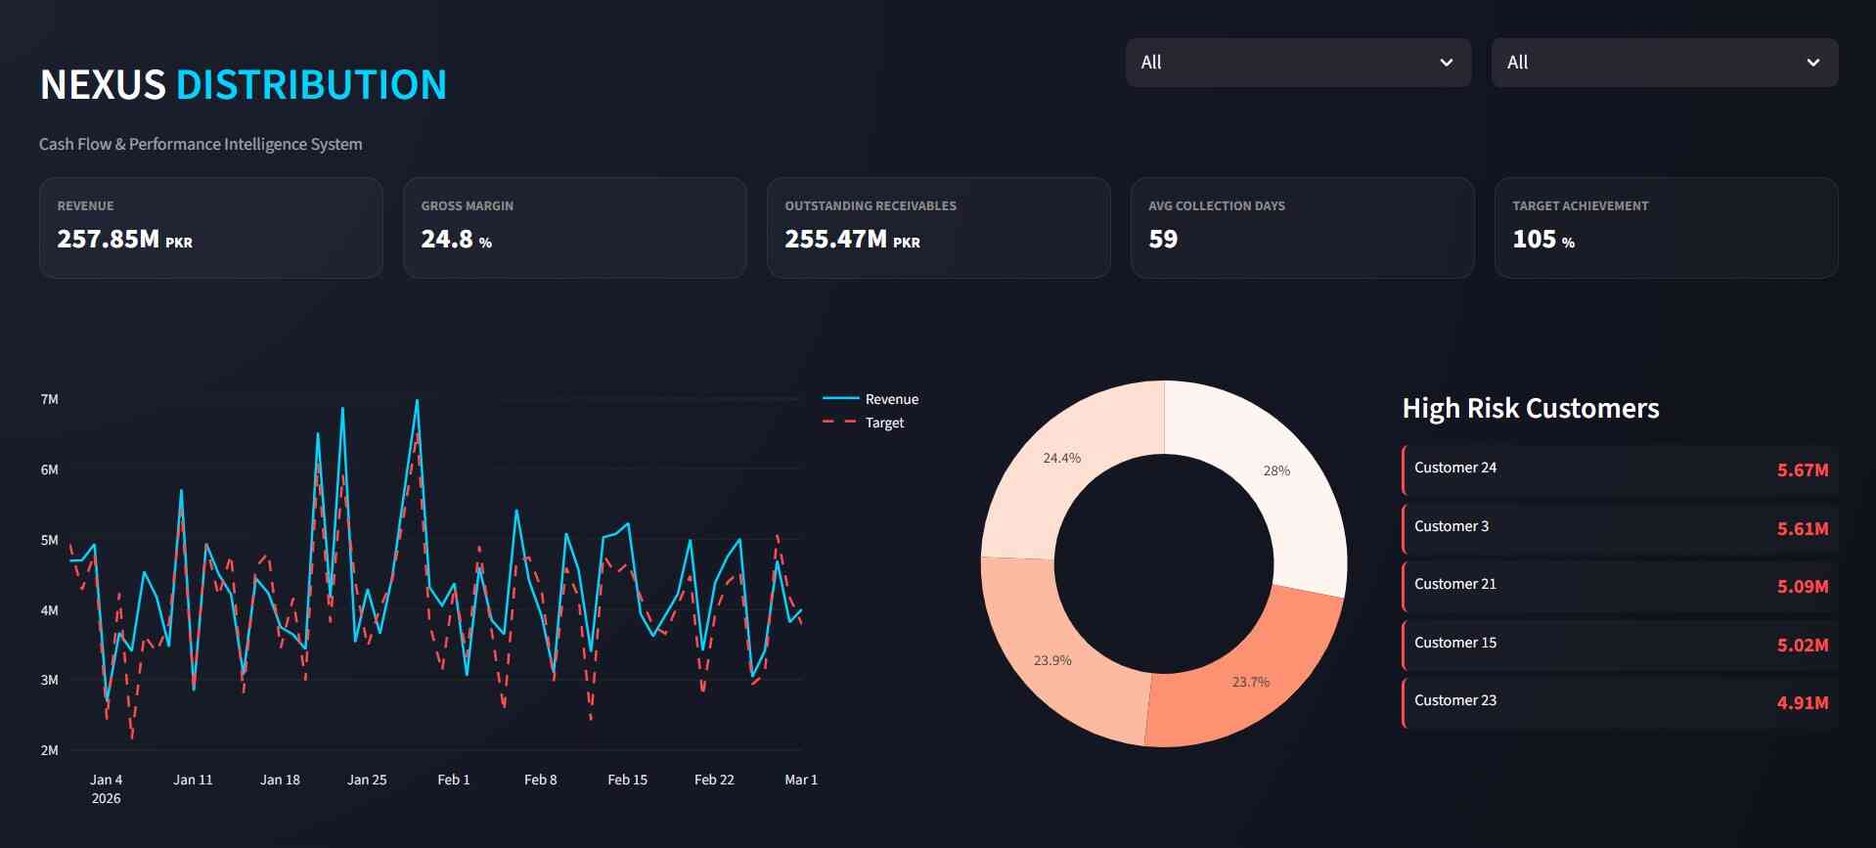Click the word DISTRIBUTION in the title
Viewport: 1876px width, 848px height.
(x=311, y=85)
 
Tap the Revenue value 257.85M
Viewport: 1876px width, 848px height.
(x=108, y=240)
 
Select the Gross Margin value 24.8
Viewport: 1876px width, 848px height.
(x=447, y=240)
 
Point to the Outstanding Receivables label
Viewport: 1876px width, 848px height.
(x=870, y=206)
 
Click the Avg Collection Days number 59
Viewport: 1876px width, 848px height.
(x=1162, y=240)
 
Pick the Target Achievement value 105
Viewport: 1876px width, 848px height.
(x=1534, y=240)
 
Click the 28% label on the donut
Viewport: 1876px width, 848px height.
(x=1276, y=470)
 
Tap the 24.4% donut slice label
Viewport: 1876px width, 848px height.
(x=1061, y=458)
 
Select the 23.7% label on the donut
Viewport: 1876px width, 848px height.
(x=1250, y=682)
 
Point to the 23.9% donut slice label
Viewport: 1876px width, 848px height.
(x=1052, y=660)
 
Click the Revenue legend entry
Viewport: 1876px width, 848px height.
(x=891, y=399)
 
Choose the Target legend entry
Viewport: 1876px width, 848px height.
(x=884, y=423)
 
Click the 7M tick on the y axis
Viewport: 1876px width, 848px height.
(x=49, y=399)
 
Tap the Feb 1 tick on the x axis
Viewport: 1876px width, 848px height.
(x=453, y=780)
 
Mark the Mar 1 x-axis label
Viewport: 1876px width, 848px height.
(x=800, y=780)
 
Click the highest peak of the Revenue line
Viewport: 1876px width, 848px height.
(x=417, y=400)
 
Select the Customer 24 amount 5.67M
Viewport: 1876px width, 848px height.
(x=1802, y=470)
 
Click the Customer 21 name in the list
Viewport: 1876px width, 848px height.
(x=1454, y=584)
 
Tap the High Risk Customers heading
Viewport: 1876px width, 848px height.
(x=1530, y=408)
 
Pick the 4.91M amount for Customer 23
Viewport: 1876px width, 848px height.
(x=1802, y=703)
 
